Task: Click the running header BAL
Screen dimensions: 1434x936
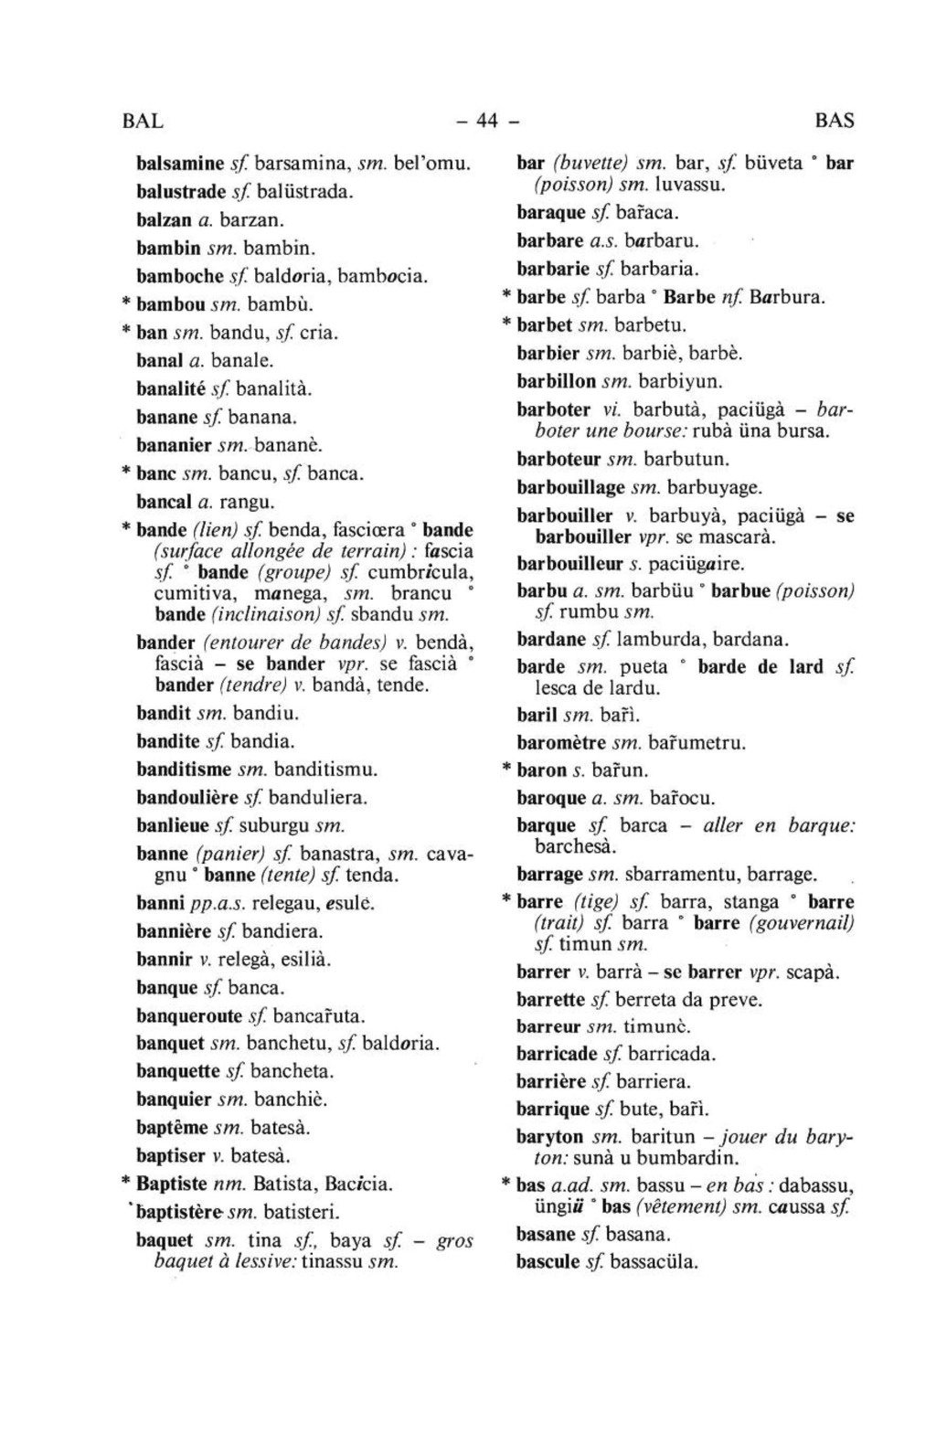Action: pyautogui.click(x=143, y=121)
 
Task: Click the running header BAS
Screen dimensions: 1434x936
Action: pyautogui.click(x=834, y=121)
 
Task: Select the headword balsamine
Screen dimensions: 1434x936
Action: pyautogui.click(x=180, y=165)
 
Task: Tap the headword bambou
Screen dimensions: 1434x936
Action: pyautogui.click(x=169, y=303)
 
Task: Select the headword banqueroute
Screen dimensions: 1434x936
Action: pyautogui.click(x=189, y=1015)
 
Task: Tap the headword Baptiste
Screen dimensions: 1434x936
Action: pyautogui.click(x=171, y=1184)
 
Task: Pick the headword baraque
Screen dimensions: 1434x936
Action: pyautogui.click(x=550, y=213)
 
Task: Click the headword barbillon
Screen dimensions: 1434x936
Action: pyautogui.click(x=556, y=381)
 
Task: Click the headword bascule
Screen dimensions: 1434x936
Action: pyautogui.click(x=548, y=1262)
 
